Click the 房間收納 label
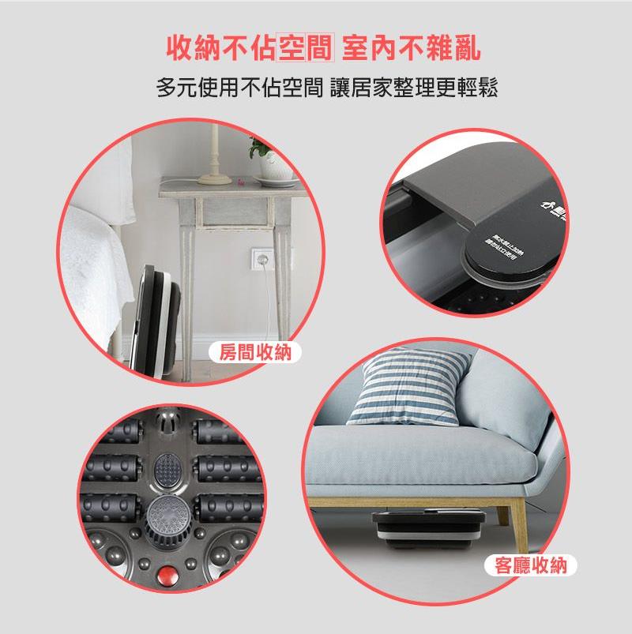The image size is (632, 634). tap(250, 353)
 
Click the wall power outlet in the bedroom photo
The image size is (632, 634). tap(258, 257)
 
